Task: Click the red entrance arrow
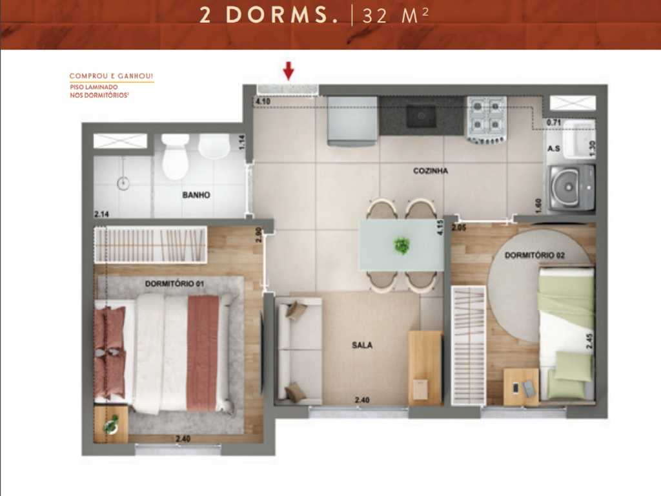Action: pyautogui.click(x=289, y=70)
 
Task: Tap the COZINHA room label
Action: pyautogui.click(x=431, y=171)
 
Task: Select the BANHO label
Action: pyautogui.click(x=196, y=194)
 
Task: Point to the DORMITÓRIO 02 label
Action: pyautogui.click(x=535, y=256)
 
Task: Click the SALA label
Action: pyautogui.click(x=361, y=345)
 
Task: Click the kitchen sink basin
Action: pyautogui.click(x=422, y=116)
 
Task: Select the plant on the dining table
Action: pyautogui.click(x=402, y=245)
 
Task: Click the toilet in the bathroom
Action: pyautogui.click(x=175, y=157)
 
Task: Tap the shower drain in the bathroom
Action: pyautogui.click(x=123, y=183)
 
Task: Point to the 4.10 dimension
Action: pyautogui.click(x=263, y=101)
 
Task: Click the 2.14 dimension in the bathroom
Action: pyautogui.click(x=102, y=214)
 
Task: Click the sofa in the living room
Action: pyautogui.click(x=299, y=349)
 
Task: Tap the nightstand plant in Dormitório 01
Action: pyautogui.click(x=111, y=424)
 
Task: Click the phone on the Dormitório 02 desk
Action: pyautogui.click(x=516, y=388)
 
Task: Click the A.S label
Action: pyautogui.click(x=553, y=148)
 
